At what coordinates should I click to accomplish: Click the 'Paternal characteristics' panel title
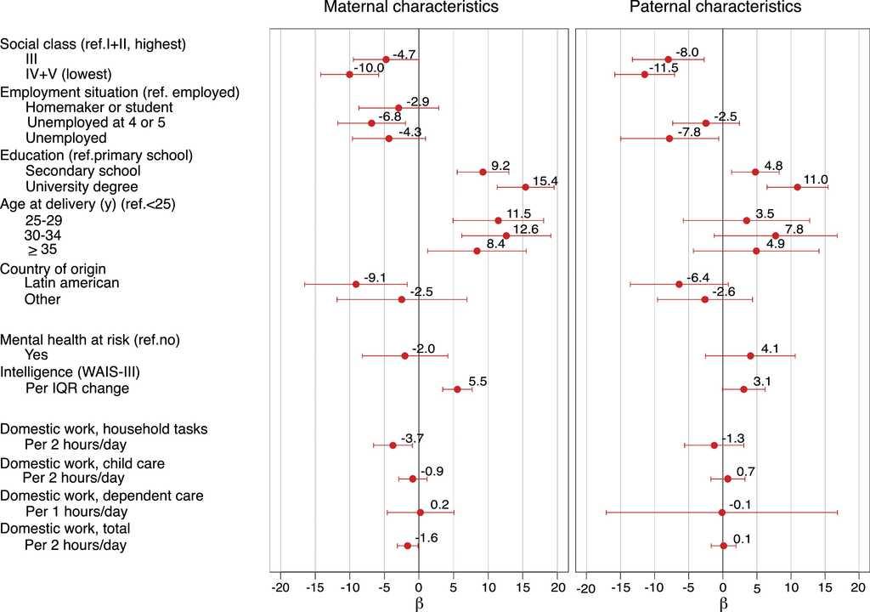(715, 8)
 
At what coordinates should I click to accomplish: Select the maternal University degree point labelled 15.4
(525, 187)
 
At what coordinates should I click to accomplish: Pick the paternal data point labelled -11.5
(644, 75)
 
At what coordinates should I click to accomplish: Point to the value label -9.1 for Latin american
(375, 277)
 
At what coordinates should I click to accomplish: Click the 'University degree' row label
(82, 186)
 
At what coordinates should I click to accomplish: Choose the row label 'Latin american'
(72, 282)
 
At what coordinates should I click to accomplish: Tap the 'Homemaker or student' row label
(99, 107)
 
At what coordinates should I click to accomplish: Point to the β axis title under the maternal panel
(418, 603)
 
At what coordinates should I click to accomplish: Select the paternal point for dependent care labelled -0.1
(722, 513)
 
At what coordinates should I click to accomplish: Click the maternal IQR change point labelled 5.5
(457, 389)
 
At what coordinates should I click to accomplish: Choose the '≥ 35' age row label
(42, 250)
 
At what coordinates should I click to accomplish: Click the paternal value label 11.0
(816, 179)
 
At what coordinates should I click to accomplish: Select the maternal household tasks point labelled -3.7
(393, 445)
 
